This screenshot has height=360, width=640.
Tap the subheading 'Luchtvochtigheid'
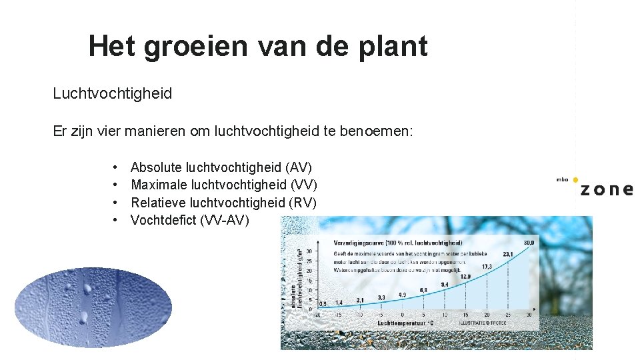click(112, 93)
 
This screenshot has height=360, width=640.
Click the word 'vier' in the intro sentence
click(128, 131)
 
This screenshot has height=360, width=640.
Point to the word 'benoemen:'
click(380, 131)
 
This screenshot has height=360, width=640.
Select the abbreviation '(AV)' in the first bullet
click(298, 167)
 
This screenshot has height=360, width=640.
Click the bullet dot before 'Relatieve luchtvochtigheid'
click(115, 202)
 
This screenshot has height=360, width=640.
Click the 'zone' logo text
click(606, 189)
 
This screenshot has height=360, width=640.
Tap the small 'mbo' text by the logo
click(563, 179)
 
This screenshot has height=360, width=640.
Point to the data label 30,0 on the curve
click(530, 243)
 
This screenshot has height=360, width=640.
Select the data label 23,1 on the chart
click(507, 254)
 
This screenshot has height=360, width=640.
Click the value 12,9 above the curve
click(465, 276)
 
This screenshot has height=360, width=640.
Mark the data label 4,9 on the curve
click(402, 295)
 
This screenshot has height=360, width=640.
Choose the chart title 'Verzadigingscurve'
click(359, 243)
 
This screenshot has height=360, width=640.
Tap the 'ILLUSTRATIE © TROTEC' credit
click(483, 323)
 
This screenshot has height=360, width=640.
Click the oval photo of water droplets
click(93, 307)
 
